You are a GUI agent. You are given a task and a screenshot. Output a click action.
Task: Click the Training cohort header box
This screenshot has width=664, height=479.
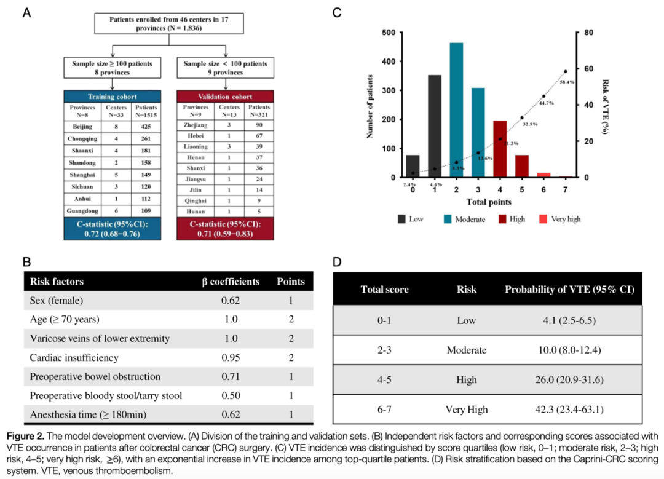[113, 97]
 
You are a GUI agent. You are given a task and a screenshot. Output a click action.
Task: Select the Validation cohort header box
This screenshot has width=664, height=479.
[225, 97]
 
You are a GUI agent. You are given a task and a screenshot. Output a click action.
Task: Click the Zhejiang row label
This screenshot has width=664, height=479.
[194, 125]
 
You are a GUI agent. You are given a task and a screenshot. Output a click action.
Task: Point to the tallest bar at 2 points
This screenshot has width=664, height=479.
[456, 111]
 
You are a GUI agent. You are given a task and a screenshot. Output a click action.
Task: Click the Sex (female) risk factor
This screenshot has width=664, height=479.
[57, 301]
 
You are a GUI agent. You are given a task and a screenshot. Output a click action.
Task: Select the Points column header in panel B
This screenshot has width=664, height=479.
[290, 282]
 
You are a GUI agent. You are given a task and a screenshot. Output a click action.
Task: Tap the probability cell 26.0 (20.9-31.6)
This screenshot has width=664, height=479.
[569, 379]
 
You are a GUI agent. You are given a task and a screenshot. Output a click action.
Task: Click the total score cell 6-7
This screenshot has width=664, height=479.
[384, 409]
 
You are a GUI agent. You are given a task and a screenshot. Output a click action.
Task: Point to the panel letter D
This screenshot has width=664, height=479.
[337, 261]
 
